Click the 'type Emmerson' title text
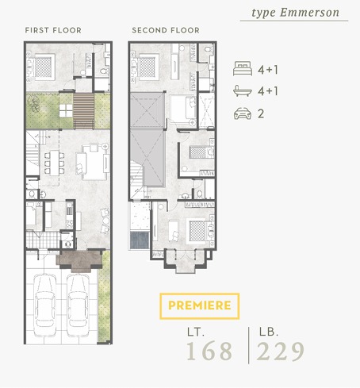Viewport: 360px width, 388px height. (x=295, y=13)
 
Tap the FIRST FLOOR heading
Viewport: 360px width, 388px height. (x=53, y=30)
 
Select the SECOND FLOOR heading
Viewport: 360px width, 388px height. (x=166, y=30)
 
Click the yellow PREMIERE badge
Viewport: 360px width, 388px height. (x=200, y=305)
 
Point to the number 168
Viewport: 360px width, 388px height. (x=209, y=351)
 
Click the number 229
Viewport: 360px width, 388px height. (x=280, y=351)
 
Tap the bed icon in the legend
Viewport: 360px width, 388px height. (x=242, y=68)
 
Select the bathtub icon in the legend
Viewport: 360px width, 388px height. (x=242, y=90)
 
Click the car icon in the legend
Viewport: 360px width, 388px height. (x=243, y=113)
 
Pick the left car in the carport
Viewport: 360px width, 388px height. (x=44, y=305)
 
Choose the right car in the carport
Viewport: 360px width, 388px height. (x=78, y=305)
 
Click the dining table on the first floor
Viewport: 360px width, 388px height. (x=55, y=163)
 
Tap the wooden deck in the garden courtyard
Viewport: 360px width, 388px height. (x=83, y=111)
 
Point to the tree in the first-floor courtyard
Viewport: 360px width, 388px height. (x=33, y=103)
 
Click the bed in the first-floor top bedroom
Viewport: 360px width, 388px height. (x=41, y=67)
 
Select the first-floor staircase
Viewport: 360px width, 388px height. (x=33, y=152)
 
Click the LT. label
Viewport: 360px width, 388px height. (x=196, y=332)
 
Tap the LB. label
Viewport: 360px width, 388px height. (x=269, y=332)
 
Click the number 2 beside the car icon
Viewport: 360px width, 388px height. (x=261, y=113)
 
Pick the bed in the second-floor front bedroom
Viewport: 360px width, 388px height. (x=197, y=231)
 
